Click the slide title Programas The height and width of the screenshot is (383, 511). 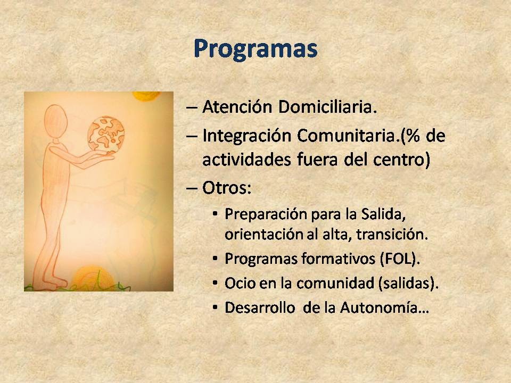click(x=256, y=49)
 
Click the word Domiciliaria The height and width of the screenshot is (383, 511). click(x=327, y=106)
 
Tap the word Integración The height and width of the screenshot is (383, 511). click(x=246, y=136)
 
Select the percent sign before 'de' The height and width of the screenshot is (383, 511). click(x=411, y=136)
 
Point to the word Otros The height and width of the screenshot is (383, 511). click(x=227, y=188)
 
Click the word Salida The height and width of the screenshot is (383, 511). click(x=383, y=214)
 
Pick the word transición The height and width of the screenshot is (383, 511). click(x=392, y=234)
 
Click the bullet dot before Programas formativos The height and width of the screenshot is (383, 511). click(x=215, y=259)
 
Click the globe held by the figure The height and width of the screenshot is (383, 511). click(x=106, y=134)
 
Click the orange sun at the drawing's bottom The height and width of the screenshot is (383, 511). click(x=93, y=278)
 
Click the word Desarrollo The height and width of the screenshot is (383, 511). click(x=260, y=307)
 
